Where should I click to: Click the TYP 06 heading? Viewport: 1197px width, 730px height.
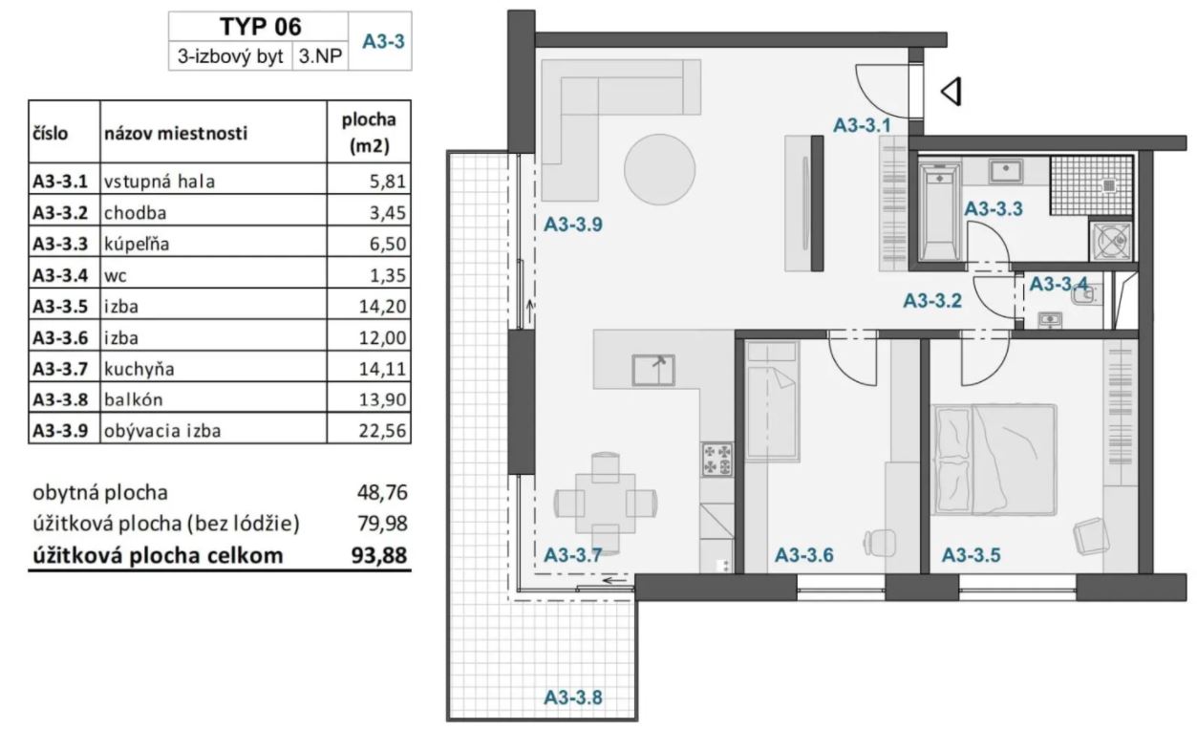260,26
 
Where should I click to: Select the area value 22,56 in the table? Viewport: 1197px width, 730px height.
382,430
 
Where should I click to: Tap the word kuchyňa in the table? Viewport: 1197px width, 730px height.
139,369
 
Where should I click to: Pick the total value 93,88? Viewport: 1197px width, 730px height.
379,555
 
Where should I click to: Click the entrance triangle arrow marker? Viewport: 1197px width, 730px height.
951,92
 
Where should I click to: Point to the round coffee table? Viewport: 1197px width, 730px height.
659,169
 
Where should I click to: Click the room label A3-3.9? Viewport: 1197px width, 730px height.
573,225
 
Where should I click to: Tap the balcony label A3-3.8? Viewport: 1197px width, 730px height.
573,698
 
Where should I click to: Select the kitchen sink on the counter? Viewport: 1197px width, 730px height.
653,370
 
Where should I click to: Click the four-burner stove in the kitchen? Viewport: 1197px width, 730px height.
717,459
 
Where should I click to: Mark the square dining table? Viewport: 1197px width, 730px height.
606,503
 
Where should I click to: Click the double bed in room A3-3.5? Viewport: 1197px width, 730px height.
994,460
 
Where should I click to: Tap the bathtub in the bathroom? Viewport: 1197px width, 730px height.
940,212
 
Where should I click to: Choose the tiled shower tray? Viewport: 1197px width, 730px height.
1091,185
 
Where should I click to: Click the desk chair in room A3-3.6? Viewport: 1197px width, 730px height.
879,544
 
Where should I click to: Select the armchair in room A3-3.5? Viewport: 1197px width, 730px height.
1091,537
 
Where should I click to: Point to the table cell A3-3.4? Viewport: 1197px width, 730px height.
60,274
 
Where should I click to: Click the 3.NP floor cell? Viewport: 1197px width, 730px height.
320,55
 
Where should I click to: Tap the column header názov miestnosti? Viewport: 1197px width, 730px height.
176,133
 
